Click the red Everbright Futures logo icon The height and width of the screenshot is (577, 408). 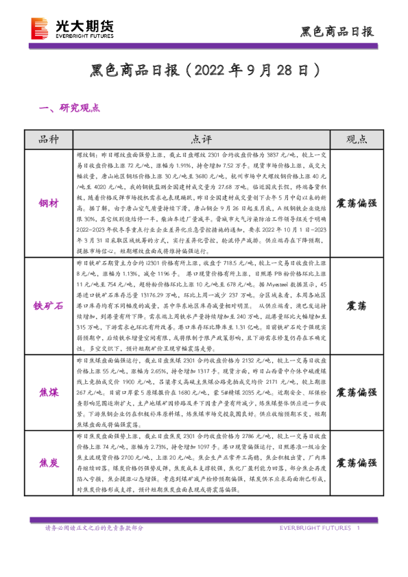pyautogui.click(x=39, y=28)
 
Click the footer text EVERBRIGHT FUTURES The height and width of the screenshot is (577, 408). pyautogui.click(x=315, y=528)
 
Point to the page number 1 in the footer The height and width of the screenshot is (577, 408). pyautogui.click(x=359, y=528)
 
